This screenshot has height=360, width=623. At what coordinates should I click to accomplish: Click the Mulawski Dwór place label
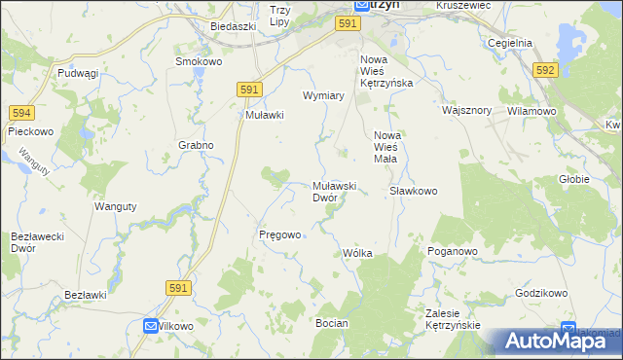point(338,192)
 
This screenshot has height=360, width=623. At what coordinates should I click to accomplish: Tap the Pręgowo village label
point(279,234)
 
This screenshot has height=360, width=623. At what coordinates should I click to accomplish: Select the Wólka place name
point(357,253)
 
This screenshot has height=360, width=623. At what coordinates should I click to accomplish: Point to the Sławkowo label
point(414,191)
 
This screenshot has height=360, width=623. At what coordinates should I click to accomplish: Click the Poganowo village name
point(453,251)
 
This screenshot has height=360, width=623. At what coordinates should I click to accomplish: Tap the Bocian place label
point(332,321)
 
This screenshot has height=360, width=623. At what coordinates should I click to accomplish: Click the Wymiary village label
point(324,96)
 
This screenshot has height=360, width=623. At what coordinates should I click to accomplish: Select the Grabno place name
point(196,145)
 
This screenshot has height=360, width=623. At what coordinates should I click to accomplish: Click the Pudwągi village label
point(78,73)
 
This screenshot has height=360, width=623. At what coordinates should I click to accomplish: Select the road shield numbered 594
point(21,114)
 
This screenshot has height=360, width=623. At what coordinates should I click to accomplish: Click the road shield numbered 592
point(545,70)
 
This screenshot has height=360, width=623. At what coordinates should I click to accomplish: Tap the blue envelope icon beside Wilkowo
point(150,327)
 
